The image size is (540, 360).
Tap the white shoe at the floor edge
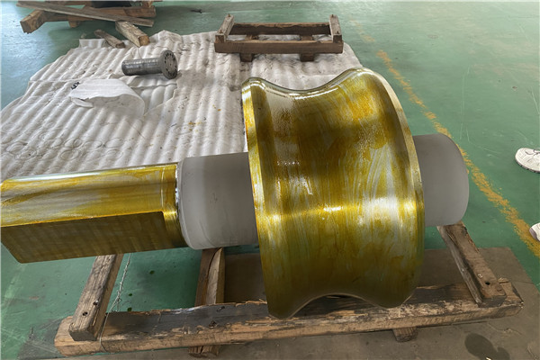coord(528,159)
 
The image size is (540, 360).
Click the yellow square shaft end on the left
coord(85,211)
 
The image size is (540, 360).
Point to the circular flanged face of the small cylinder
coord(167,63)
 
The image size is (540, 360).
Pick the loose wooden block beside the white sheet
coord(131,33)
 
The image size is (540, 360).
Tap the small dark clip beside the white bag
coord(76,85)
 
